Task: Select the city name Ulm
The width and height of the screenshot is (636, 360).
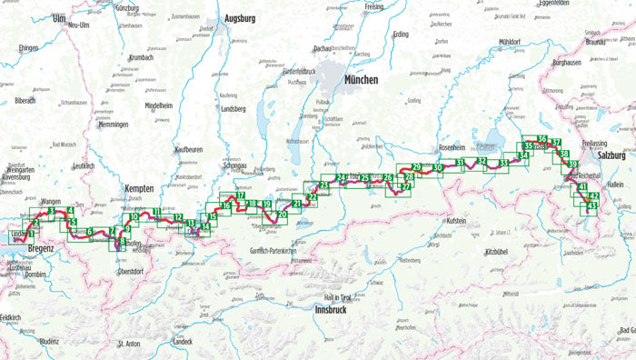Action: pos(60,18)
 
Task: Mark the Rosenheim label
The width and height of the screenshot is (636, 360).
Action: pos(452,148)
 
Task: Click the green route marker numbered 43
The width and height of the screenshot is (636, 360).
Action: pos(591,206)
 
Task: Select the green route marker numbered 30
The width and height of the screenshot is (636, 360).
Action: pos(438,167)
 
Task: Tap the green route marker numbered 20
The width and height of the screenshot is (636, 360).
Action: pos(283,214)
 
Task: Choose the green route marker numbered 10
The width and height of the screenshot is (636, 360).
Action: pos(134,217)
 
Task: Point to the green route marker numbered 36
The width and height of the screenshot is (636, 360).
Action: pos(542,138)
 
